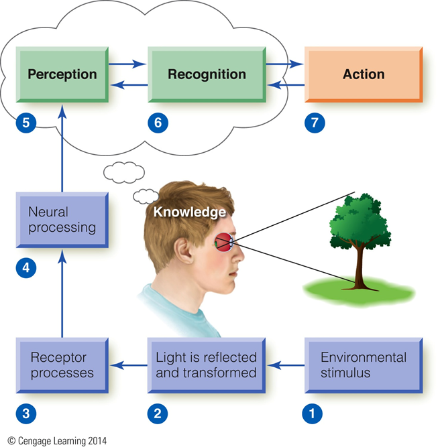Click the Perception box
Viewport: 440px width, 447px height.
62,74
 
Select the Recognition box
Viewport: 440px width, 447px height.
207,74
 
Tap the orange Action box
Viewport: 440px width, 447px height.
364,74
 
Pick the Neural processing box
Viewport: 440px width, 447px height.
62,220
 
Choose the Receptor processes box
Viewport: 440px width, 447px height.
62,365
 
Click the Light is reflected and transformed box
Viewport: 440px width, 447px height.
207,365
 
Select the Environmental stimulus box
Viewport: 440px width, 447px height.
364,365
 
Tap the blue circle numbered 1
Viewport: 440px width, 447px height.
312,413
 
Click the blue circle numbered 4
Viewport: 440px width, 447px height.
26,268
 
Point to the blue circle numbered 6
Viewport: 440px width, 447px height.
158,123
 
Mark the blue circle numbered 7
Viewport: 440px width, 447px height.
315,123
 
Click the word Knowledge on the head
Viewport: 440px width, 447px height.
190,212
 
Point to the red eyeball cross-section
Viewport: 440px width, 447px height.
223,243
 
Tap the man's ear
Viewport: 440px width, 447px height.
184,250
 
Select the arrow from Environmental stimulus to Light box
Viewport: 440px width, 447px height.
285,365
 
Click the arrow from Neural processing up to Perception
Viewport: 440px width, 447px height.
62,148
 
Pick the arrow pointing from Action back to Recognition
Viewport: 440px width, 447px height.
286,84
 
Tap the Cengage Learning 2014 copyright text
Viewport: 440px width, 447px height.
57,441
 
